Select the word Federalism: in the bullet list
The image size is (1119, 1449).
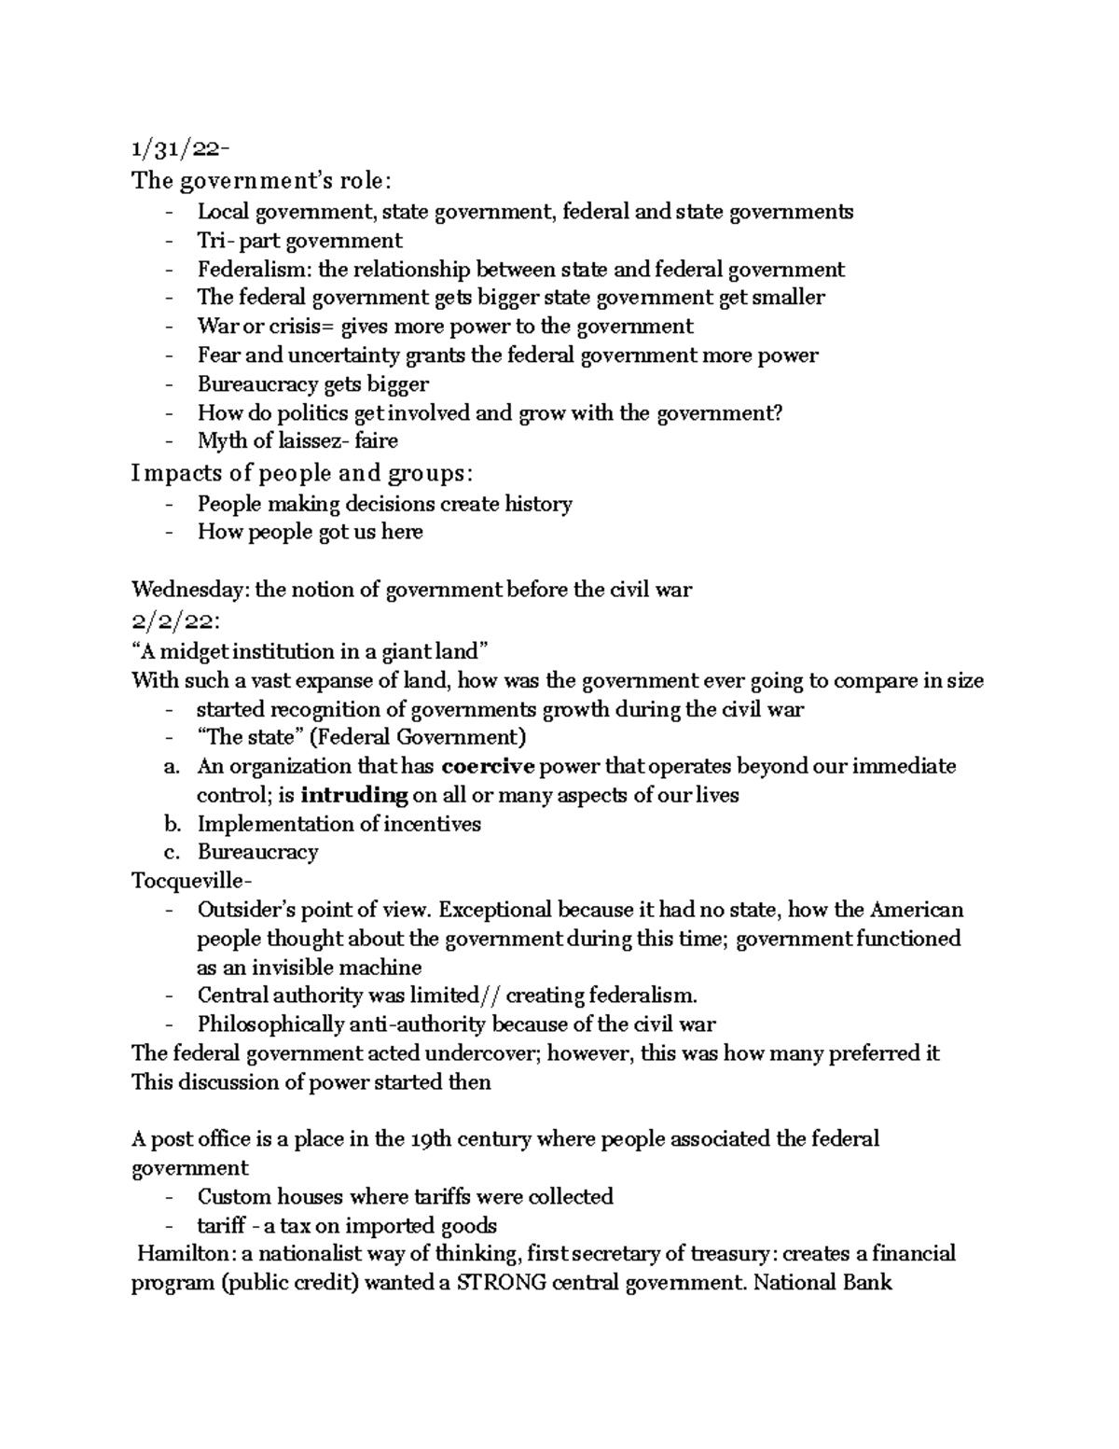pos(255,270)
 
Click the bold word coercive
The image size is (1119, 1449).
pos(488,767)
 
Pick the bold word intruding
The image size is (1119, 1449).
pos(355,796)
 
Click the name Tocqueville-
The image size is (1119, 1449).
pos(191,881)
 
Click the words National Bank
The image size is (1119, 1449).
pos(822,1283)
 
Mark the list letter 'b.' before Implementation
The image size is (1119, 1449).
pos(170,824)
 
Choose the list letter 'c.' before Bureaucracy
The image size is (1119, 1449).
pos(170,853)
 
